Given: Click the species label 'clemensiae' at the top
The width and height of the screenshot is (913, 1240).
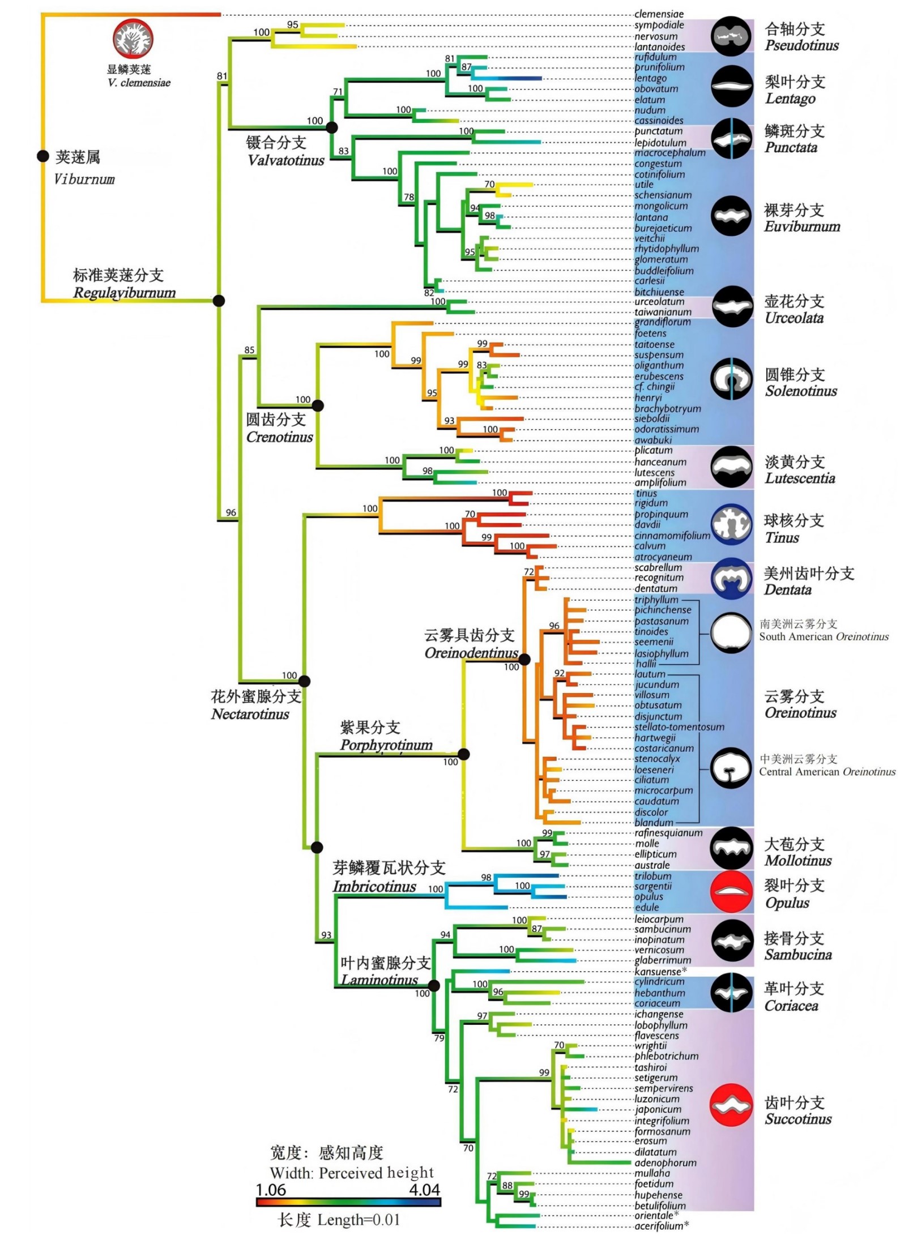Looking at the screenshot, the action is click(x=658, y=14).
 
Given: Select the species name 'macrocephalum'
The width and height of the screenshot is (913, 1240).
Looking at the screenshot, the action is click(x=669, y=153).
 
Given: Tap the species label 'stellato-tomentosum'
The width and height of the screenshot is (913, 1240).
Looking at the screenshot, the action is click(x=679, y=726).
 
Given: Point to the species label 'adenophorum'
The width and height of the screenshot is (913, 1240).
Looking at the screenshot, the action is click(x=665, y=1162).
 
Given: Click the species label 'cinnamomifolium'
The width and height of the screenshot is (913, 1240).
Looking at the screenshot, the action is click(x=672, y=536).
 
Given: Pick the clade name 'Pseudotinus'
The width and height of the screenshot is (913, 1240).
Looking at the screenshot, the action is click(x=801, y=45).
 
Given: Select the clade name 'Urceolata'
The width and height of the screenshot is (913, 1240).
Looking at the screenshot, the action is click(x=794, y=318).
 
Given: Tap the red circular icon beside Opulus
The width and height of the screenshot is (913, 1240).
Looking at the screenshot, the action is click(x=731, y=892).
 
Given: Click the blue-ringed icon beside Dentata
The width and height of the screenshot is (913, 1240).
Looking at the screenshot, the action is click(x=731, y=578).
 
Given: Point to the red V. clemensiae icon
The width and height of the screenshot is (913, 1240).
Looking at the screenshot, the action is click(x=133, y=39).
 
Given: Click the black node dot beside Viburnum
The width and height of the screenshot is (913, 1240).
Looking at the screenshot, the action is click(x=42, y=156).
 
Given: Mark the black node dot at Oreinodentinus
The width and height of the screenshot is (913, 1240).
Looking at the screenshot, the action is click(x=524, y=659).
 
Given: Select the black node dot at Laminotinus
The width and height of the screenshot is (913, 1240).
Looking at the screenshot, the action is click(x=434, y=986).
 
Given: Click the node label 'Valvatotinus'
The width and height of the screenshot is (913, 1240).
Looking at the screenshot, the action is click(x=286, y=160).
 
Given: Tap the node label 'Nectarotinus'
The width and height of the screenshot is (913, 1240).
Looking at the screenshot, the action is click(x=250, y=714).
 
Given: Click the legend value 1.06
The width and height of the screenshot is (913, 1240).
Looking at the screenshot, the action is click(x=271, y=1190).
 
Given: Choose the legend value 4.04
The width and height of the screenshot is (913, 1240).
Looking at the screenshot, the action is click(x=425, y=1190).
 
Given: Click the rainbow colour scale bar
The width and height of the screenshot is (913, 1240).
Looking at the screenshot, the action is click(x=348, y=1203).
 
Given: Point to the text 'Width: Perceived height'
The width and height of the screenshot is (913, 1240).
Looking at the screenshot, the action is click(x=352, y=1173).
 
